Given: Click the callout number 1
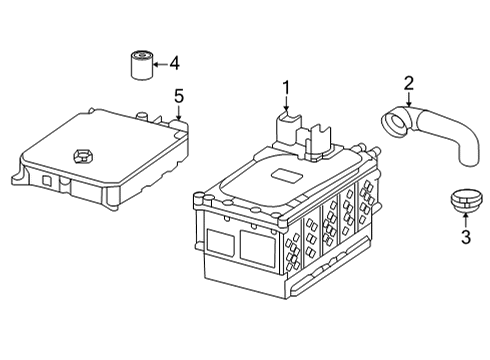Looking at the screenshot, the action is pos(286,88).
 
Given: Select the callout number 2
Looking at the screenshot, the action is pos(409,84).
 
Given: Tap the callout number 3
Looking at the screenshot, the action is pos(466,237).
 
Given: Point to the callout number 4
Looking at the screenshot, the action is pos(174,63).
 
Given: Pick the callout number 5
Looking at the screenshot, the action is pos(179,96).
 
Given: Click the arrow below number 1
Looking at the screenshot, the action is pos(286,103).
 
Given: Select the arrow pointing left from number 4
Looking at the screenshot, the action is pos(161,64).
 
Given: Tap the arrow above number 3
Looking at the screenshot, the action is pos(466,220).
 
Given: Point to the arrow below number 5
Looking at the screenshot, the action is pos(179,112).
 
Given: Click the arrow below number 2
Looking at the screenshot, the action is pos(409,99).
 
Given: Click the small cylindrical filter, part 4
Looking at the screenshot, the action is pos(141,65).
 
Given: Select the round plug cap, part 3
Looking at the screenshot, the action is pos(466,200).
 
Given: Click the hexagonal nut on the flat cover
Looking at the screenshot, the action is pos(82,156).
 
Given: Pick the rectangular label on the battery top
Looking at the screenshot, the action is pos(286,175).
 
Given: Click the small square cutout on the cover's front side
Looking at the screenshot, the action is pos(47,180).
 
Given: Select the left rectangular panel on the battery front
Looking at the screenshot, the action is pos(220,242).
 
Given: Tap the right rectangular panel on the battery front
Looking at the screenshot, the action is pos(258,249).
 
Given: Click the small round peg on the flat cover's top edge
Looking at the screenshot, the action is pos(142,116).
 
